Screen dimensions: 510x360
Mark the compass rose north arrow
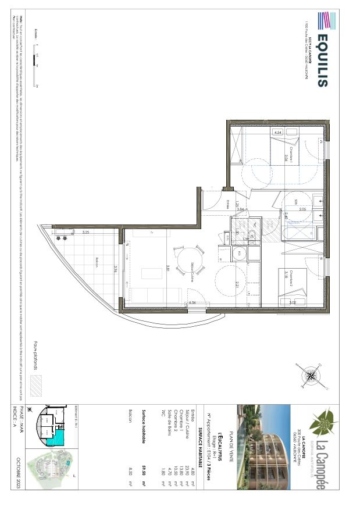pos(312,376)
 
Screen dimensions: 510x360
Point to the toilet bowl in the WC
pos(238,253)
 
